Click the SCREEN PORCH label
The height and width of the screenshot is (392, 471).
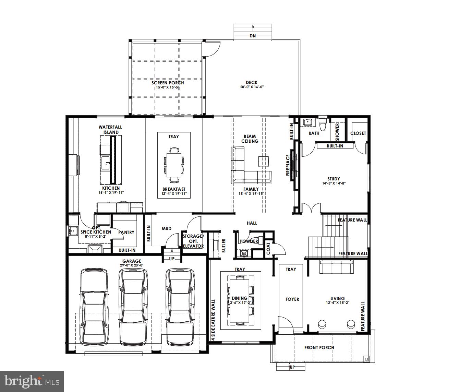(x=168, y=83)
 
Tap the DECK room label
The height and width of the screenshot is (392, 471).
(x=251, y=82)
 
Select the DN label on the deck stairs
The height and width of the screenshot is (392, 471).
(x=252, y=36)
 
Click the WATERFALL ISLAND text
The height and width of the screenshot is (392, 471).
(x=110, y=130)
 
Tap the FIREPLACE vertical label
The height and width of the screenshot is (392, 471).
(x=288, y=165)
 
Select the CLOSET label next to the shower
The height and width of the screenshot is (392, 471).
(x=358, y=133)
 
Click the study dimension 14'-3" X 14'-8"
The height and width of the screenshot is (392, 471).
(x=334, y=183)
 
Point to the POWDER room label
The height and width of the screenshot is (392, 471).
(x=249, y=241)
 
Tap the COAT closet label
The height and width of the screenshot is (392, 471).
(x=268, y=249)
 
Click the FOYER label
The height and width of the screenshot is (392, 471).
(x=292, y=299)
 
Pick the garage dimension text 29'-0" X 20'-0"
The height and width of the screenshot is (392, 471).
(x=132, y=265)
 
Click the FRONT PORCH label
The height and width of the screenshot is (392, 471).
(x=319, y=347)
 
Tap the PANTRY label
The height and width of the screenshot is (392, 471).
(x=126, y=232)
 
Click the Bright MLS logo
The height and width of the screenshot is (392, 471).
(x=32, y=381)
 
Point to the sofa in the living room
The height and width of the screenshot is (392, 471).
(x=336, y=267)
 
